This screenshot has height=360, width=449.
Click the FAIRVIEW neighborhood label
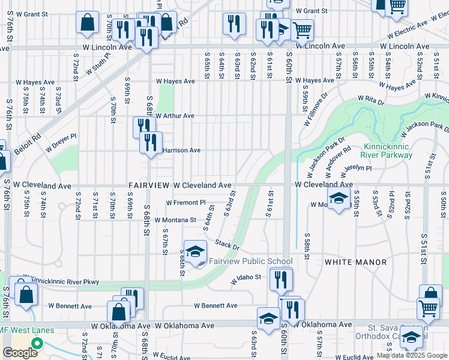[149, 185]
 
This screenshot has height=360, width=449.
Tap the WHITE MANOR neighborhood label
[349, 262]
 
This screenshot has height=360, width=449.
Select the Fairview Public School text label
[250, 261]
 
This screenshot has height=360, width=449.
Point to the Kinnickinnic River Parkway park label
[388, 151]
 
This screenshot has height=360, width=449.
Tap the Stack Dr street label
[228, 245]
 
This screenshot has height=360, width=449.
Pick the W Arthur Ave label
[175, 116]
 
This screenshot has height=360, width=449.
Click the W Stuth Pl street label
[97, 65]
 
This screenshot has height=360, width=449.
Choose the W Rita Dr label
[370, 97]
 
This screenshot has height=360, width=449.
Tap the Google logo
[20, 353]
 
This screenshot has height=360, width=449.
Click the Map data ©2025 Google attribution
[412, 356]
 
